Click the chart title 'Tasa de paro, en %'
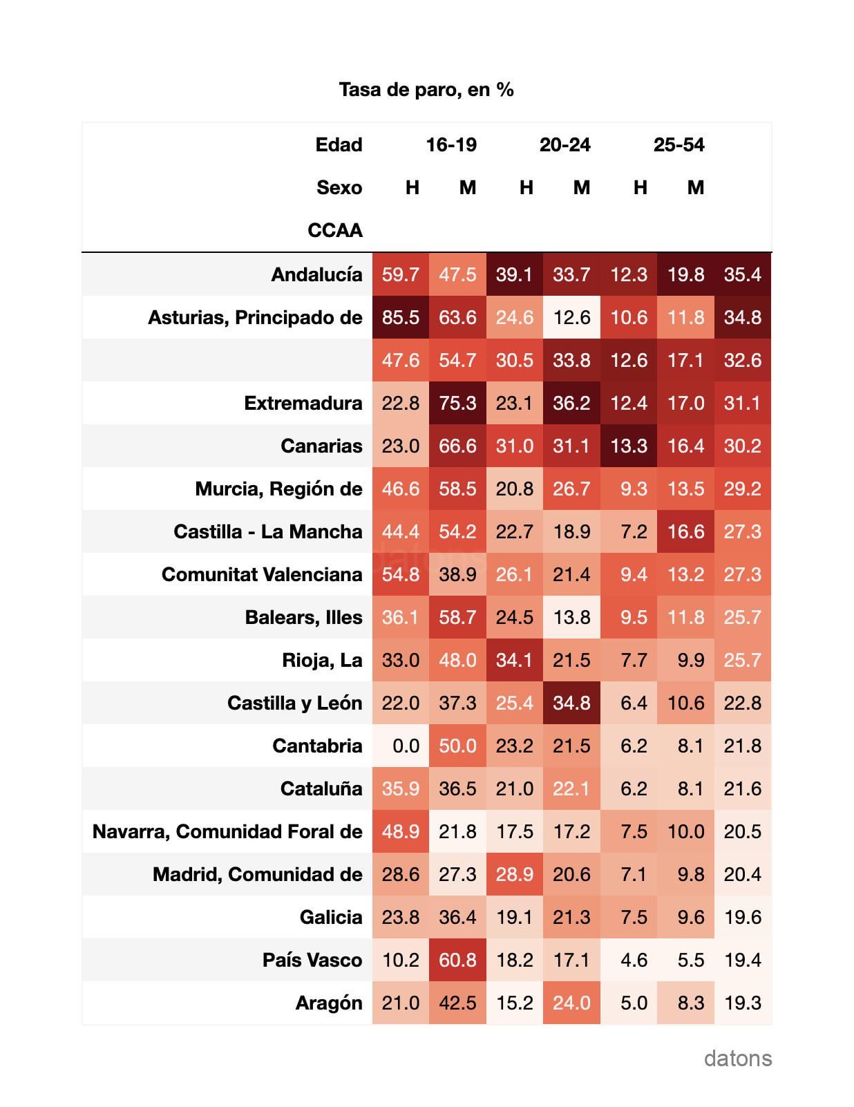[x=426, y=90]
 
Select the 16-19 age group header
[x=451, y=144]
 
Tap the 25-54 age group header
[x=679, y=144]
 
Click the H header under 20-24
[x=526, y=187]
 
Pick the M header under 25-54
[x=696, y=187]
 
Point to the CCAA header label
[x=335, y=230]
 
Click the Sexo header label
[x=339, y=187]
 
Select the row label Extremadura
[x=303, y=403]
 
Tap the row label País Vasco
[x=312, y=960]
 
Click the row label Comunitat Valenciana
[x=262, y=574]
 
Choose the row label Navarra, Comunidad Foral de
[x=227, y=831]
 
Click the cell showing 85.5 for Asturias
[x=400, y=317]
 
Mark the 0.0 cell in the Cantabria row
[x=400, y=746]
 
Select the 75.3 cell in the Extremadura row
[x=457, y=403]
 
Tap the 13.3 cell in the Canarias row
[x=628, y=446]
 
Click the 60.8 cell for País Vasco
[x=457, y=960]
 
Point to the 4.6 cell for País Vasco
[x=628, y=960]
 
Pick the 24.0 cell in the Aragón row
[x=571, y=1003]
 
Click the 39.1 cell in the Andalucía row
[x=514, y=274]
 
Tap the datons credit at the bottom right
[x=738, y=1058]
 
